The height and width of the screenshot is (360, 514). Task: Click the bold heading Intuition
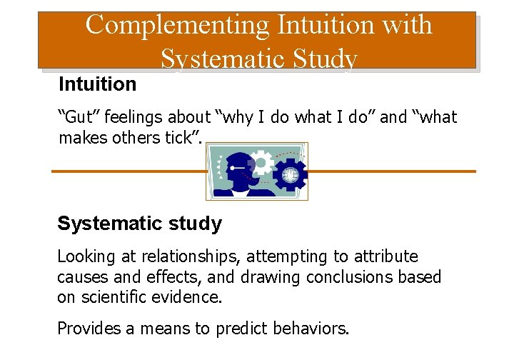pyautogui.click(x=97, y=84)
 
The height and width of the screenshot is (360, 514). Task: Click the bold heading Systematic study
pyautogui.click(x=139, y=224)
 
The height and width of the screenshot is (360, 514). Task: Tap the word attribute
pyautogui.click(x=383, y=256)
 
